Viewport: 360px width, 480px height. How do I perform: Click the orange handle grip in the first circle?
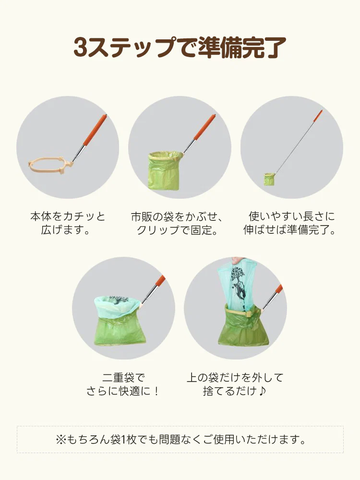[x=95, y=130]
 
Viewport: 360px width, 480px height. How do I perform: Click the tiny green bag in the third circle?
[x=269, y=179]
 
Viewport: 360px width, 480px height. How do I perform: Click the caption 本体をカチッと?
[x=68, y=216]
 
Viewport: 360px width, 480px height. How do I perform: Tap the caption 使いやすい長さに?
[x=292, y=216]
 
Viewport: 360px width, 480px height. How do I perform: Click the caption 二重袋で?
[x=123, y=378]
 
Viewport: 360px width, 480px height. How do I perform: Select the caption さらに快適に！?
[x=123, y=391]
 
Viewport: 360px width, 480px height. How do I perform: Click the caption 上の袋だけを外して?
[x=235, y=378]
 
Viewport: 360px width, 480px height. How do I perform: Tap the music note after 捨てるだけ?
[x=262, y=391]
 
